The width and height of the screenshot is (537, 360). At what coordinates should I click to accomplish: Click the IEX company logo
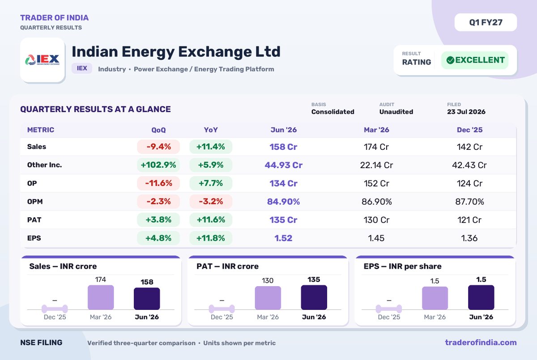[x=43, y=60]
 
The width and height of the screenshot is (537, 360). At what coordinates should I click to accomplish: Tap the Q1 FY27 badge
[x=486, y=22]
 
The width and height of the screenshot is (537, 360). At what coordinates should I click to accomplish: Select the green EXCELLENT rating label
[x=475, y=60]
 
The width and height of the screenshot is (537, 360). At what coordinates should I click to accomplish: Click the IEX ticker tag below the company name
[x=82, y=68]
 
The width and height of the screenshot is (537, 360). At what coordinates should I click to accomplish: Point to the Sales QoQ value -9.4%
[x=158, y=147]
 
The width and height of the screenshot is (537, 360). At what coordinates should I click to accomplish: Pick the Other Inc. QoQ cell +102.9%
[x=158, y=165]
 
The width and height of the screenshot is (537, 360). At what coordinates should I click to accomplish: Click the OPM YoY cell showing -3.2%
[x=211, y=201]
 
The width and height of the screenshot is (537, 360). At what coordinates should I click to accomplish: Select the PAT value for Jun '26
[x=283, y=220]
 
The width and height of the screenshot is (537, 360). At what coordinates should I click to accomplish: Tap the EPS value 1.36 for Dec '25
[x=469, y=238]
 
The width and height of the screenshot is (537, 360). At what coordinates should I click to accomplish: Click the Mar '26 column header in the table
[x=376, y=130]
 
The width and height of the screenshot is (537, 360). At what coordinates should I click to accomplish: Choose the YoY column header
[x=211, y=130]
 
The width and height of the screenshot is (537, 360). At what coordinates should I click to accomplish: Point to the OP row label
[x=32, y=183]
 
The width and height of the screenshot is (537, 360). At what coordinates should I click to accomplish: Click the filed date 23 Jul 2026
[x=466, y=112]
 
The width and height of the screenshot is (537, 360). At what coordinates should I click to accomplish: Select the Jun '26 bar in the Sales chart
[x=147, y=299]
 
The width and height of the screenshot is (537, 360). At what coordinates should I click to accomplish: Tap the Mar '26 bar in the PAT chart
[x=268, y=298]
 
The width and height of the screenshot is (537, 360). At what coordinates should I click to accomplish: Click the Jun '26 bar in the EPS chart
[x=481, y=297]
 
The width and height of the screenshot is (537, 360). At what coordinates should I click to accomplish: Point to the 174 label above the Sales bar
[x=100, y=280]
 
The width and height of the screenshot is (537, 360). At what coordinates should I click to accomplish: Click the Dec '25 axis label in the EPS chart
[x=389, y=317]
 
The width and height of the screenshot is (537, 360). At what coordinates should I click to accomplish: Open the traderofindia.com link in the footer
[x=481, y=343]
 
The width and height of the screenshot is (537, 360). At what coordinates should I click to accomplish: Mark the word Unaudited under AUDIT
[x=396, y=112]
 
